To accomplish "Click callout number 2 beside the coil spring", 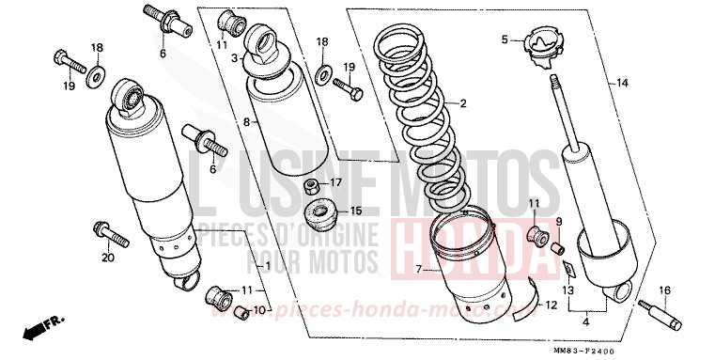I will point(462,103).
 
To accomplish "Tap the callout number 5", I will point(505,39).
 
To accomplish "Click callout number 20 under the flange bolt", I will point(107,258).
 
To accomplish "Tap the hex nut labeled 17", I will point(311,183).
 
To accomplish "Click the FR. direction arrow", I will point(42,328).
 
